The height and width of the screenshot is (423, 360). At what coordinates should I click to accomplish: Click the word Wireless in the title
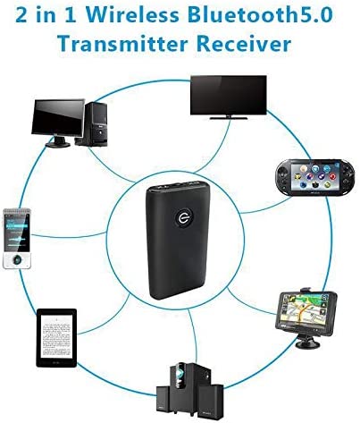point(133,14)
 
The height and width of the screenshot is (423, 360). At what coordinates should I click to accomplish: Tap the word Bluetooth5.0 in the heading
point(261,14)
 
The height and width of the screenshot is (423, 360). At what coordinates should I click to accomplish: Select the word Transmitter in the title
point(122,44)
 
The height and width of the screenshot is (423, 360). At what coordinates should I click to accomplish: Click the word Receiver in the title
point(244,44)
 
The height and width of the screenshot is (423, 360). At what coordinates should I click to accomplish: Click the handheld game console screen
point(315,178)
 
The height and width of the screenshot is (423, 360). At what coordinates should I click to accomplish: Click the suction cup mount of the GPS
point(308,343)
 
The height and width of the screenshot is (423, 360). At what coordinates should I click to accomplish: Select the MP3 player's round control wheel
point(17,260)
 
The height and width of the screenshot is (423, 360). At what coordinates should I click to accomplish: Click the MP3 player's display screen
point(17,232)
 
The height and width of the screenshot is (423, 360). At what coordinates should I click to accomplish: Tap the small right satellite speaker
point(211,401)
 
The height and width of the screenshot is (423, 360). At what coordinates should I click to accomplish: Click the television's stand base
point(229,118)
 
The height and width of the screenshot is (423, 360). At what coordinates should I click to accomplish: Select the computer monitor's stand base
point(58,145)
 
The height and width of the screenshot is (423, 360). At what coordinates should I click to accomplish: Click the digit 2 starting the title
point(21,15)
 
